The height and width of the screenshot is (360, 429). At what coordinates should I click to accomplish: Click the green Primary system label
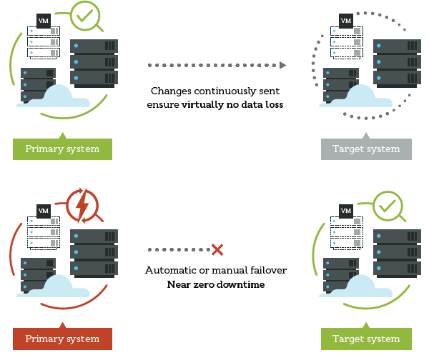62,149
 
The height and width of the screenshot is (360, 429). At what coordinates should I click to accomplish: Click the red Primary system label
62,338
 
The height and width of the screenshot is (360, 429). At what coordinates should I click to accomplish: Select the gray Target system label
367,149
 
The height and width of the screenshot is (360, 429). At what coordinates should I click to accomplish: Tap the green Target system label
367,338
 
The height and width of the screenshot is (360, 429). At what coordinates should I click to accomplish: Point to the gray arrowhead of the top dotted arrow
283,66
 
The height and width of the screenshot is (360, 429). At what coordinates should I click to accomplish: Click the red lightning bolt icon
82,206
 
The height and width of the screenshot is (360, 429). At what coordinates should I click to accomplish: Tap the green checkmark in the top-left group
86,16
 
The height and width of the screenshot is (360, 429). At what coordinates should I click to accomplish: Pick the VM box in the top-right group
346,21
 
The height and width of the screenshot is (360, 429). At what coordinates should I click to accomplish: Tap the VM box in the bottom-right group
346,211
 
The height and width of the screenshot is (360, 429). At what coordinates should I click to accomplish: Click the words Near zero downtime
215,284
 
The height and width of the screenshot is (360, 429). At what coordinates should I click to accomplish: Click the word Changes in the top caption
171,91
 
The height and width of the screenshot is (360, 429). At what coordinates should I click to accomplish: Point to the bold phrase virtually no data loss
232,105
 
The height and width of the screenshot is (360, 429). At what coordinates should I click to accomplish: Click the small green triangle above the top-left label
62,135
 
